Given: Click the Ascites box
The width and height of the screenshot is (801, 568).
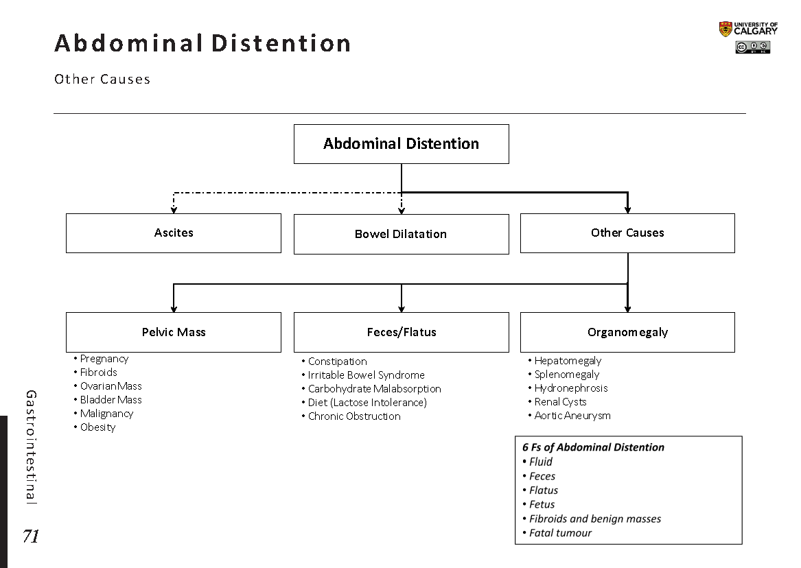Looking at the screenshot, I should coord(174,233).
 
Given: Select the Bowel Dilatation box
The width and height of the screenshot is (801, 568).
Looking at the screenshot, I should coord(401,234).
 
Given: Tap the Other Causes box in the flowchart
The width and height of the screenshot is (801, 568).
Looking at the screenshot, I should coord(627,233).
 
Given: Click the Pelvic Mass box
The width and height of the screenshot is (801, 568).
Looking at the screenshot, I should coord(174,332).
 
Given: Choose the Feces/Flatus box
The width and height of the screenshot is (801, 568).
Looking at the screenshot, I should coord(401,332).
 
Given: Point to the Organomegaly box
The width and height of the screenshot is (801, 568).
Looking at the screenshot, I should coord(627,332).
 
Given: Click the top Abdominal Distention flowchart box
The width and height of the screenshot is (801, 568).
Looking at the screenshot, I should coord(401,144).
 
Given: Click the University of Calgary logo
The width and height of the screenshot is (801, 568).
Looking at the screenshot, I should coord(748,29).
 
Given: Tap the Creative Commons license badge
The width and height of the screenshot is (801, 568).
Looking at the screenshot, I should coord(752,48).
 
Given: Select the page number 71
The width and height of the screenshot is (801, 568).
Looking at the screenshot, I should coord(30,536).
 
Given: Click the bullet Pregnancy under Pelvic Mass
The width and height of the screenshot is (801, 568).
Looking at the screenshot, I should coord(104,359).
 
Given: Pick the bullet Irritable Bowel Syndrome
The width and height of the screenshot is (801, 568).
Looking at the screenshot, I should coord(366,375).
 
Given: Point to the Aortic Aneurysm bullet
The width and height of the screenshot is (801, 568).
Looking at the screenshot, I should coord(572,416).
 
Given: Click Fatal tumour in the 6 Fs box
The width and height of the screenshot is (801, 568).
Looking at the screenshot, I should coord(560,533).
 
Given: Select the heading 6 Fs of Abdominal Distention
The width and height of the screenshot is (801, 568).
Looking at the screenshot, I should coord(593,447).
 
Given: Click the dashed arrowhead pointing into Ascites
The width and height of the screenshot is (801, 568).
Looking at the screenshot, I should coord(174,209).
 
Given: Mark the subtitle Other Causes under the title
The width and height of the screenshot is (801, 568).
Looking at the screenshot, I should coord(102,79).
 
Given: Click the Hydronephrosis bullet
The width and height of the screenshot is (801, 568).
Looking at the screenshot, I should coord(570,388).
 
